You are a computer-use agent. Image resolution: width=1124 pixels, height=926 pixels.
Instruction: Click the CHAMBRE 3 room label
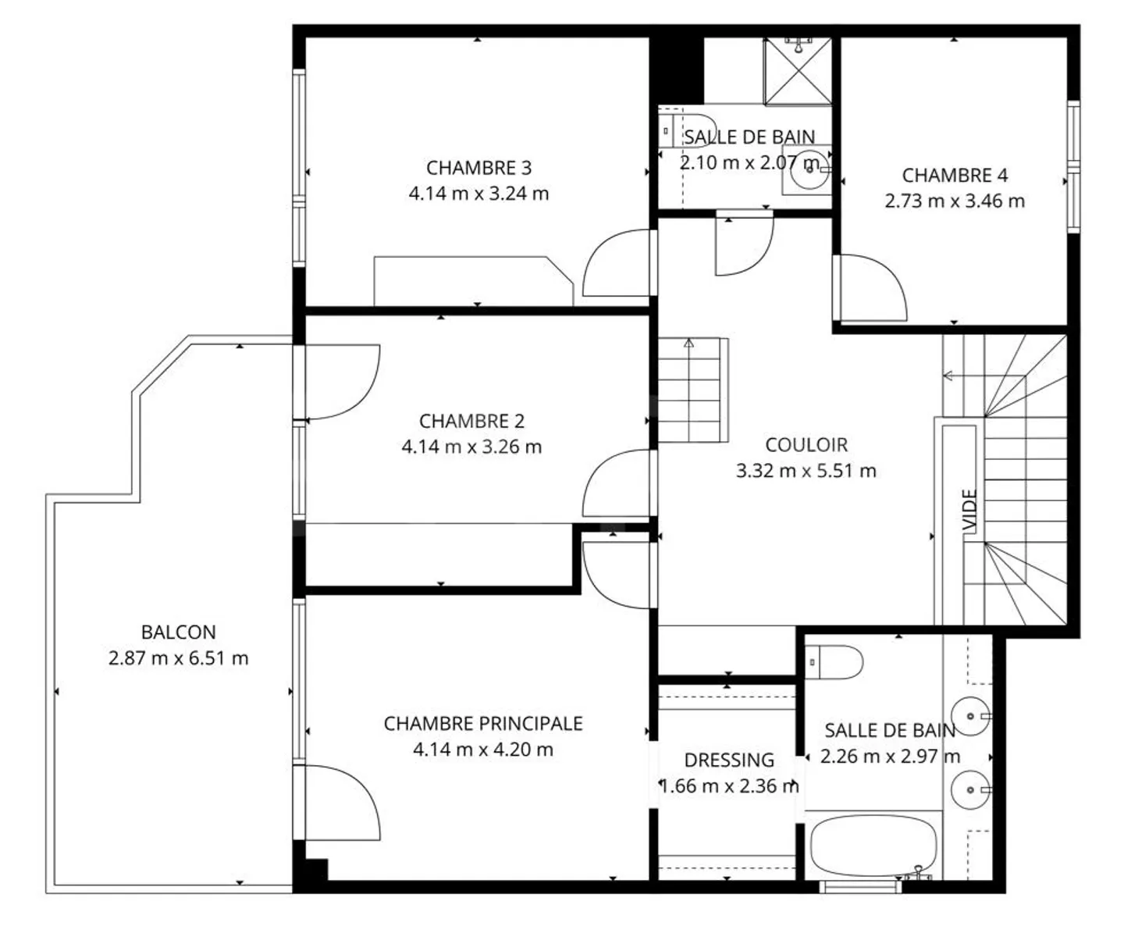click(x=478, y=168)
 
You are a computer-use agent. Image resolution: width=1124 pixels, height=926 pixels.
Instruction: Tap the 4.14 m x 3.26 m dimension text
click(x=471, y=447)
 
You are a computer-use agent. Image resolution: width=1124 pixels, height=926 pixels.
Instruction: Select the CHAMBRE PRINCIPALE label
click(x=483, y=724)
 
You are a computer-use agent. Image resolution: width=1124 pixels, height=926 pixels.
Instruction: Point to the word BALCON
click(x=178, y=632)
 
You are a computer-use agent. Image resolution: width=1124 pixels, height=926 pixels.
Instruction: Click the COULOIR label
click(x=806, y=445)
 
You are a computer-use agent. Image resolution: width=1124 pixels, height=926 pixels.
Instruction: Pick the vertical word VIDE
click(x=969, y=511)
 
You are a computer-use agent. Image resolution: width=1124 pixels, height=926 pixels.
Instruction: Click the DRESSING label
click(x=729, y=760)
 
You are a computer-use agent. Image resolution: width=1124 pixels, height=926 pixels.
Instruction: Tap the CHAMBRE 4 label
click(x=955, y=176)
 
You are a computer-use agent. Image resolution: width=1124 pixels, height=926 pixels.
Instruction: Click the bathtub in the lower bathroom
click(x=873, y=847)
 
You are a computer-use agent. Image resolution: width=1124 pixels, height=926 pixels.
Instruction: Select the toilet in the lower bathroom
click(x=834, y=663)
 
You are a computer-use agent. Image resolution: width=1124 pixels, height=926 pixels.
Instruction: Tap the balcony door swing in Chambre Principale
click(x=340, y=803)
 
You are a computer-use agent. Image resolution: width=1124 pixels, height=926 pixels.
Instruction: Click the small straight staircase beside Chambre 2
click(x=692, y=390)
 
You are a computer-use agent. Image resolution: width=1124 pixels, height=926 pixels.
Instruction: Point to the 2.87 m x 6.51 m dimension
click(x=178, y=658)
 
